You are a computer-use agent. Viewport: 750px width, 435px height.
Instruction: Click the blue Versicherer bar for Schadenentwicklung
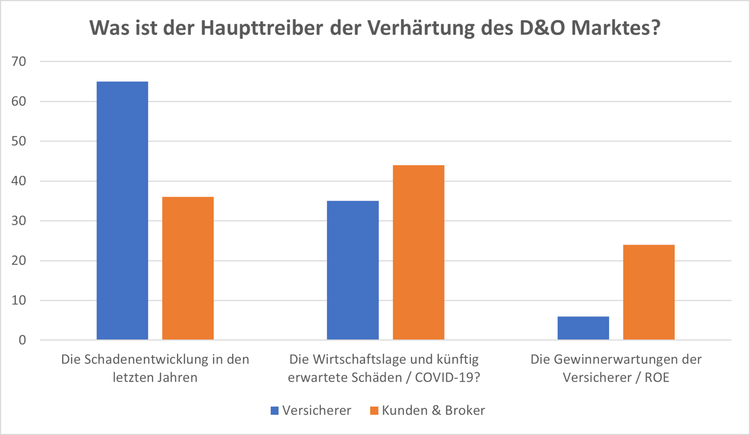122,211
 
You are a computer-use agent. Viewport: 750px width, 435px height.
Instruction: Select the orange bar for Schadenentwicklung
188,268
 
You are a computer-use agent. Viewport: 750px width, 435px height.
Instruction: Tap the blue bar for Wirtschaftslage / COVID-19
353,270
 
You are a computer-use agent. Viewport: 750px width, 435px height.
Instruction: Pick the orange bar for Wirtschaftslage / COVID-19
418,252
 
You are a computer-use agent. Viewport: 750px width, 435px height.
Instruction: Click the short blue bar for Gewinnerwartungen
583,328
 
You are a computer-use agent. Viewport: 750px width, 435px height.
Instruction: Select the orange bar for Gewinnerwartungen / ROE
648,292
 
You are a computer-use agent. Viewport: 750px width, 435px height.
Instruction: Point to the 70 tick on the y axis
19,62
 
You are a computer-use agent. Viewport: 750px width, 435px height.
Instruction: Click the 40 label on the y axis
19,181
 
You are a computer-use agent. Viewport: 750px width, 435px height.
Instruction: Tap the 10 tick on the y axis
19,301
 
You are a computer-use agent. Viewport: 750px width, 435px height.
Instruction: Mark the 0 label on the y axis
22,340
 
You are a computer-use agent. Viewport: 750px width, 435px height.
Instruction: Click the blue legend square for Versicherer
275,410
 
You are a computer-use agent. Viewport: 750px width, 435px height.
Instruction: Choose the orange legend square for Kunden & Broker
374,410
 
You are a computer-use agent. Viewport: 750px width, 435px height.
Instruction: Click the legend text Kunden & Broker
433,410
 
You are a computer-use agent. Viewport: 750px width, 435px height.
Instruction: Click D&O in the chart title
542,28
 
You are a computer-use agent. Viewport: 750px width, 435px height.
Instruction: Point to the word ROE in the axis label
656,377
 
